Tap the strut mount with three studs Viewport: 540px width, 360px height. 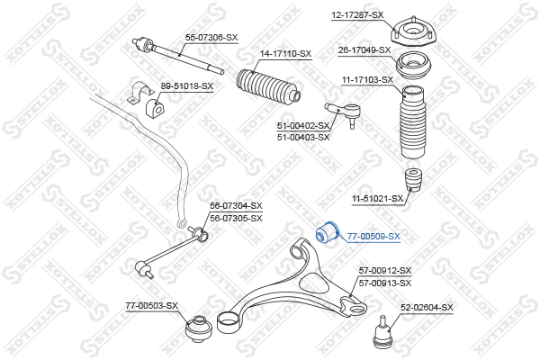(413, 33)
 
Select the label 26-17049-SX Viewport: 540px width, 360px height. (364, 50)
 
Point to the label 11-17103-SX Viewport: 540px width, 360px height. (367, 80)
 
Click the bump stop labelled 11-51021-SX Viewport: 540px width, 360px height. (414, 179)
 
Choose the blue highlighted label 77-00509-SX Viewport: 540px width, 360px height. (373, 237)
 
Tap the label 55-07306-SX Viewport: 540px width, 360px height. (211, 38)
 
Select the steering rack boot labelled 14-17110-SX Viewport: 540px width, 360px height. (268, 87)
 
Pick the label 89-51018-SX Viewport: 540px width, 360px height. (187, 85)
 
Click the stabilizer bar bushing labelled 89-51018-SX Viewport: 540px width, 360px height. (154, 108)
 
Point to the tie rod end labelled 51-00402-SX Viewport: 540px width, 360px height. (344, 114)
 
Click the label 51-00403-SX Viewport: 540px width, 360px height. (303, 138)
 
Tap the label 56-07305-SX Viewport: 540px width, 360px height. (236, 219)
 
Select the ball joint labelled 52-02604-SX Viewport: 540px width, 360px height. (383, 331)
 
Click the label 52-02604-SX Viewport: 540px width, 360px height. (427, 307)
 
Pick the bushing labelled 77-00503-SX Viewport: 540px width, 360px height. (199, 328)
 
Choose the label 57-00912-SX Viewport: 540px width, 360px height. (385, 271)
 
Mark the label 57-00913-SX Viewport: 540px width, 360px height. (385, 283)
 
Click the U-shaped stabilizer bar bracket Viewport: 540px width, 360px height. (140, 92)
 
